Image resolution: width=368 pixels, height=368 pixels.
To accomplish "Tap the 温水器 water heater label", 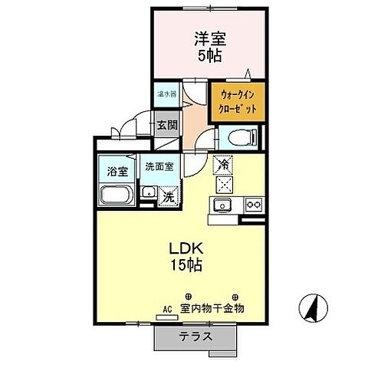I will [x=166, y=94].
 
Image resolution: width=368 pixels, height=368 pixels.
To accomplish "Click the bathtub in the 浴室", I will [x=117, y=196].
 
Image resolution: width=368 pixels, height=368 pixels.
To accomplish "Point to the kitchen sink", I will [x=224, y=205].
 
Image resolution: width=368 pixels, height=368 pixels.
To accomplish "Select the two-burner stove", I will [x=253, y=205].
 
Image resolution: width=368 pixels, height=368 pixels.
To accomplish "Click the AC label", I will [x=167, y=310].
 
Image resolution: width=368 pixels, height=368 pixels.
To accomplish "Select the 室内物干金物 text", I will [x=212, y=310].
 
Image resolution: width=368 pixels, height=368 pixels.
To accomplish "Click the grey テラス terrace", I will [x=196, y=336].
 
